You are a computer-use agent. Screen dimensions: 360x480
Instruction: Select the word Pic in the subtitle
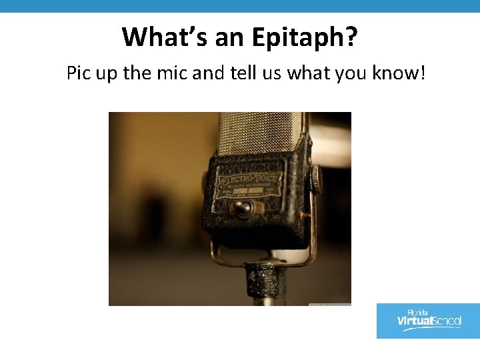(x=79, y=73)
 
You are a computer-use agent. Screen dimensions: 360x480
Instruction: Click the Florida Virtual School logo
(x=428, y=321)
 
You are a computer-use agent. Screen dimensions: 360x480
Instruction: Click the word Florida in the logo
(x=417, y=312)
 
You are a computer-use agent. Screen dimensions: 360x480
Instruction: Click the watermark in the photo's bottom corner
(x=330, y=303)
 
